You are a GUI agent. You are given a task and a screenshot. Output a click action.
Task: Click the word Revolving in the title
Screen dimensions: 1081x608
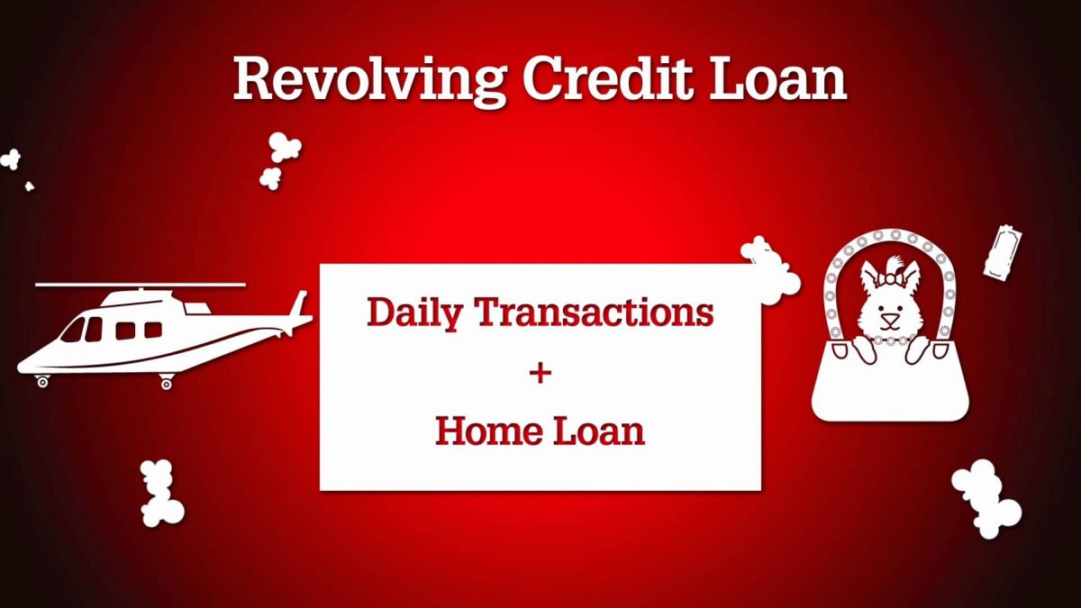(370, 79)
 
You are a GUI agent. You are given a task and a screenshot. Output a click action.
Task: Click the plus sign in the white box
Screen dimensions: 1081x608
(540, 373)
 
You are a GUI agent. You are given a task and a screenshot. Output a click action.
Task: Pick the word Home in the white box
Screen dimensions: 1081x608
(486, 431)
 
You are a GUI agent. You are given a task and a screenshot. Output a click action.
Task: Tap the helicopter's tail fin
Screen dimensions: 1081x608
(298, 305)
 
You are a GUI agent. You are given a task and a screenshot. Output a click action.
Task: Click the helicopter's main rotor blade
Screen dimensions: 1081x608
(141, 286)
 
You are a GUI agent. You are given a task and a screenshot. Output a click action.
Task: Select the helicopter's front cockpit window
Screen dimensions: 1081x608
(72, 331)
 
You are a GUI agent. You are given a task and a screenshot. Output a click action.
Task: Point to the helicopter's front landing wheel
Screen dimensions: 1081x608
(42, 382)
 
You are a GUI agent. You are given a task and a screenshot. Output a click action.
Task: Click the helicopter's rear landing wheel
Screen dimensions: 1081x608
(166, 384)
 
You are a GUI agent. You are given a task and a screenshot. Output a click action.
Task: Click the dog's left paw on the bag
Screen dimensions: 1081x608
(863, 349)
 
